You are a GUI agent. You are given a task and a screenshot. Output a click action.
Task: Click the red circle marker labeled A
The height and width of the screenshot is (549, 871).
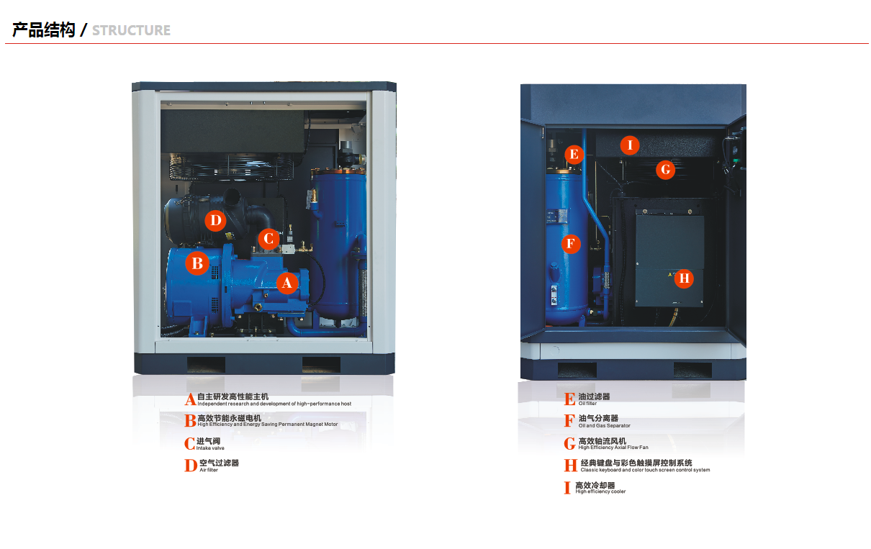(287, 283)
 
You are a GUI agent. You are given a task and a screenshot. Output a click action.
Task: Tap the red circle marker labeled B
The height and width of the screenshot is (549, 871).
(197, 263)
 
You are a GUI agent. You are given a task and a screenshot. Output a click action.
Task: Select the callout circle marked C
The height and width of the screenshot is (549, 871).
(268, 239)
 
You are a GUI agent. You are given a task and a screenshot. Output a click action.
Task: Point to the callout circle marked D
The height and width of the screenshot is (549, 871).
(215, 220)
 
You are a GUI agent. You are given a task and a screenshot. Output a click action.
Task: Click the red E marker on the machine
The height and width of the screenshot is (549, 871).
(574, 155)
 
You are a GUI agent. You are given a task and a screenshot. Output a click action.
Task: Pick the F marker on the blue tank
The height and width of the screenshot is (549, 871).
(571, 244)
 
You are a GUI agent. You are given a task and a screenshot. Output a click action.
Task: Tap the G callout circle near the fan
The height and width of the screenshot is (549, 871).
(665, 170)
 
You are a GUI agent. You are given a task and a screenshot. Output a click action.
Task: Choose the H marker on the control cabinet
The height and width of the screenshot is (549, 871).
(684, 278)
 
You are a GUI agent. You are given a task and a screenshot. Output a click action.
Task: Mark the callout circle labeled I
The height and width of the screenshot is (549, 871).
(630, 145)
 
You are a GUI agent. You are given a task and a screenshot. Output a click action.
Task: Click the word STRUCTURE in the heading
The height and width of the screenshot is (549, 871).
(131, 30)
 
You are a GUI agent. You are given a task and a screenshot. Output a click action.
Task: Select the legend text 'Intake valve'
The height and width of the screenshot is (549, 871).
(210, 448)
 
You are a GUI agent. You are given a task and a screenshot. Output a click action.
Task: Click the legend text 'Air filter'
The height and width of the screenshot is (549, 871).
(209, 470)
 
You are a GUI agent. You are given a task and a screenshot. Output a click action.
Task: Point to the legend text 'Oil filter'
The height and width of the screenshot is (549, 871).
(587, 403)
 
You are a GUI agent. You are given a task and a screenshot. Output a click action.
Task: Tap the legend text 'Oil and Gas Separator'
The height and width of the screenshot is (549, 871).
(604, 425)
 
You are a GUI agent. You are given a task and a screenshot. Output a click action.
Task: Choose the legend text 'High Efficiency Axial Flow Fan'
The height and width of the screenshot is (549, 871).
(613, 447)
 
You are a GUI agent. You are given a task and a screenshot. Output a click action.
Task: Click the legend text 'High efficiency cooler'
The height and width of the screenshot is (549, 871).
(600, 491)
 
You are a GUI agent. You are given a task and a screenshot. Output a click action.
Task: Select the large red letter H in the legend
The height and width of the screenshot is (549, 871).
(570, 465)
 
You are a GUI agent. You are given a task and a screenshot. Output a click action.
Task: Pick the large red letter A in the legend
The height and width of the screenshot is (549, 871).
(190, 399)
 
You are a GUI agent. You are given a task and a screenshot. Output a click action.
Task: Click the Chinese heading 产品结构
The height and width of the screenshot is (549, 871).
(43, 30)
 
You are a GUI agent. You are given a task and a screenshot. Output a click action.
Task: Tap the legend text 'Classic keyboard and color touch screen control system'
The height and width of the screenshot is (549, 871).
(645, 470)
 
